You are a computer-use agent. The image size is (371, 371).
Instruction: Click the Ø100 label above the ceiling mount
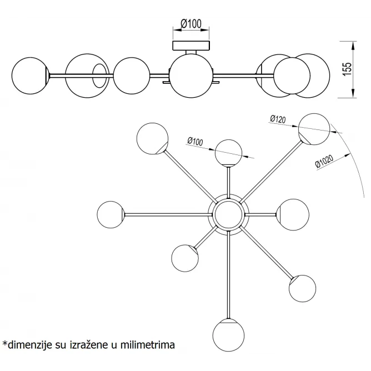pyautogui.click(x=191, y=24)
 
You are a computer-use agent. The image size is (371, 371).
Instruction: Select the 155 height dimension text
pyautogui.click(x=347, y=69)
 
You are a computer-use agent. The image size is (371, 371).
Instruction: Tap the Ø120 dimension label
pyautogui.click(x=278, y=119)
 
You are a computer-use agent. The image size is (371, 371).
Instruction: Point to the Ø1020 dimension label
pyautogui.click(x=324, y=162)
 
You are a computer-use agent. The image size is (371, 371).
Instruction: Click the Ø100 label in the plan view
pyautogui.click(x=195, y=141)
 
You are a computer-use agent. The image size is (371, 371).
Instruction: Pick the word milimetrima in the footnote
pyautogui.click(x=148, y=345)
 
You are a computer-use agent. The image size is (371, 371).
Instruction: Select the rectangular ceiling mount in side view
pyautogui.click(x=191, y=46)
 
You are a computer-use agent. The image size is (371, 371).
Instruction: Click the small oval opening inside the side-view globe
pyautogui.click(x=99, y=76)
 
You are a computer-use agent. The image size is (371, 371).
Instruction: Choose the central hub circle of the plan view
pyautogui.click(x=228, y=214)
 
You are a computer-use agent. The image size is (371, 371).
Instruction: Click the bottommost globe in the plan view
pyautogui.click(x=228, y=335)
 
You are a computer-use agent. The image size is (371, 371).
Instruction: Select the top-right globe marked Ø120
pyautogui.click(x=314, y=129)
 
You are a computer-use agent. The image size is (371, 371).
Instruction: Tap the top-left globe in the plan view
pyautogui.click(x=153, y=139)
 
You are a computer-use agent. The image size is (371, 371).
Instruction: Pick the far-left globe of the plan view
pyautogui.click(x=111, y=214)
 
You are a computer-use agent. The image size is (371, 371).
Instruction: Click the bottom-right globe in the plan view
pyautogui.click(x=302, y=288)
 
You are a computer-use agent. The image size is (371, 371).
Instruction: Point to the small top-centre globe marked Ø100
pyautogui.click(x=228, y=153)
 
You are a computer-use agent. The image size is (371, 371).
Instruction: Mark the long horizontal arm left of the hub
pyautogui.click(x=168, y=214)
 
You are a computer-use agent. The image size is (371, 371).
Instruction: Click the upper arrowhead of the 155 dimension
pyautogui.click(x=353, y=46)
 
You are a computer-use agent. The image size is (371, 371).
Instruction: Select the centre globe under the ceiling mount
pyautogui.click(x=191, y=76)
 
